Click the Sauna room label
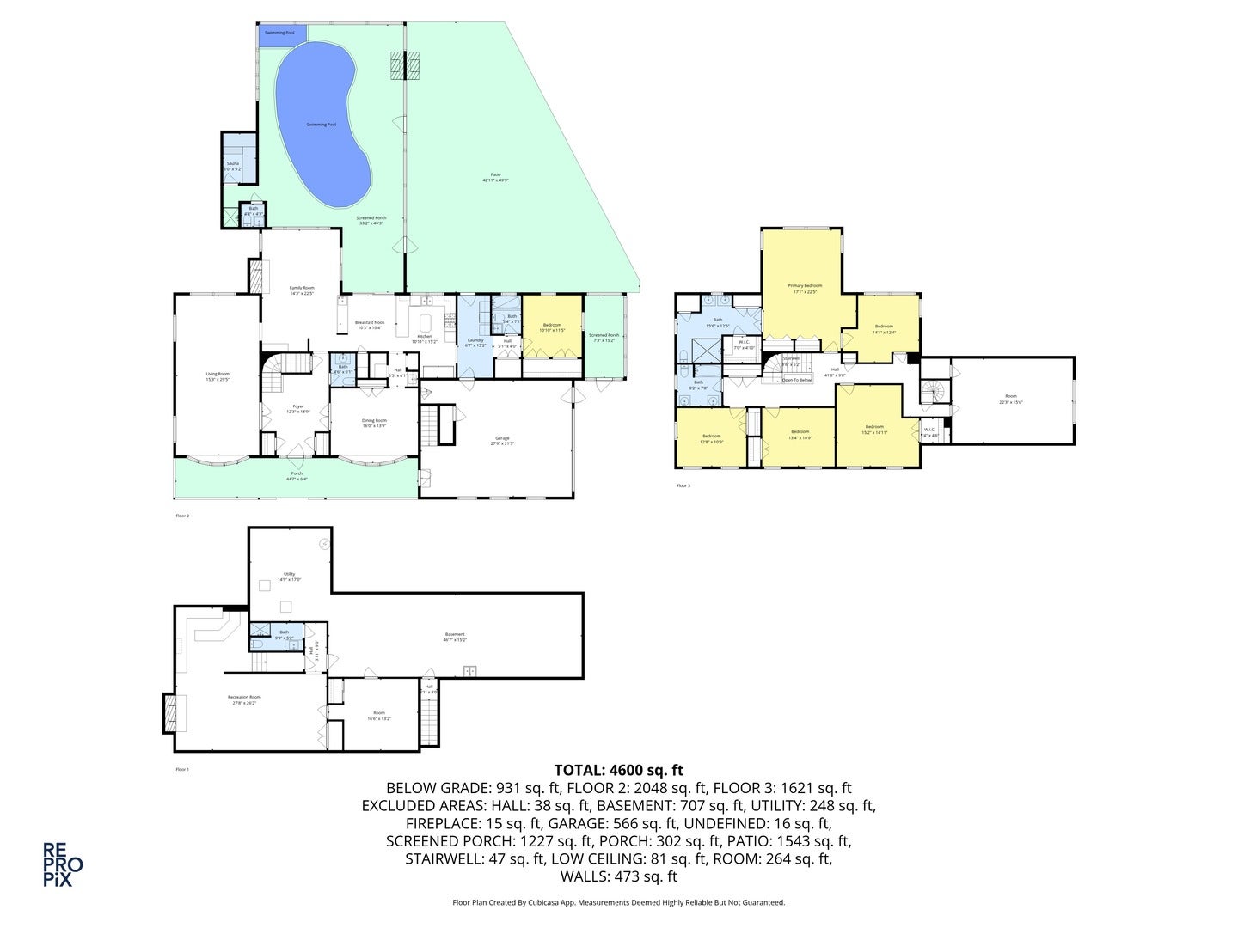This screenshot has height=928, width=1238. click(232, 163)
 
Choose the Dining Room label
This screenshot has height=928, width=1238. click(374, 421)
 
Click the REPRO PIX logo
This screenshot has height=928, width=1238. click(63, 864)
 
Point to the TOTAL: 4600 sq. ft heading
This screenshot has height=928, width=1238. click(619, 770)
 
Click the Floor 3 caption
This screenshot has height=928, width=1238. click(683, 485)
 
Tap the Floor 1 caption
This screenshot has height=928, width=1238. click(181, 769)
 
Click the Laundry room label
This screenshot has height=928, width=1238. click(475, 340)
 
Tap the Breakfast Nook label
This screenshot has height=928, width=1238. click(370, 323)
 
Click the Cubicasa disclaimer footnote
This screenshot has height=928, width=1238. click(618, 902)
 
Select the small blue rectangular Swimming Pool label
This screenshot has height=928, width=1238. click(280, 32)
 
